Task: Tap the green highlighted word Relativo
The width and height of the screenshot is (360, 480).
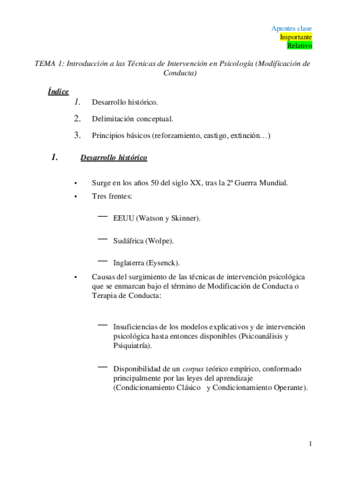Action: pyautogui.click(x=299, y=45)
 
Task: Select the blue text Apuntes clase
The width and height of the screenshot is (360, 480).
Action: pyautogui.click(x=291, y=27)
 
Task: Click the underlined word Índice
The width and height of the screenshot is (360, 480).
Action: pyautogui.click(x=58, y=91)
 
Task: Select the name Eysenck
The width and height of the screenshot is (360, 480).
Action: pyautogui.click(x=163, y=262)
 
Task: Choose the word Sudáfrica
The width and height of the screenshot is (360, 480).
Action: pyautogui.click(x=131, y=240)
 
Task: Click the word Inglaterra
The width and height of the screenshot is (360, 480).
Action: pyautogui.click(x=132, y=262)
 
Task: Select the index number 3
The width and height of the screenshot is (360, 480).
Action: pyautogui.click(x=77, y=134)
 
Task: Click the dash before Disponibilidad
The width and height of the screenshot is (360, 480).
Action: pyautogui.click(x=103, y=367)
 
